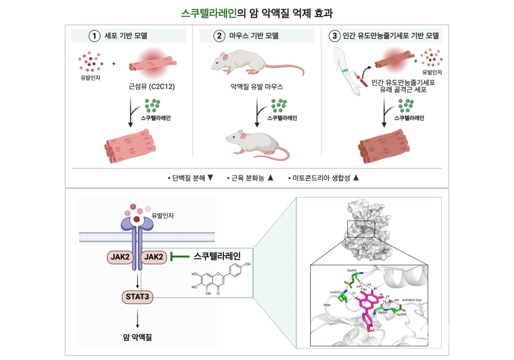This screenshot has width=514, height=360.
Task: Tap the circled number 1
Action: (x=95, y=36)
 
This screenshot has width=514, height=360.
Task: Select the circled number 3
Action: (x=335, y=36)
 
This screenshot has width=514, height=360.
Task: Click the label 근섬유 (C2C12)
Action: (x=152, y=86)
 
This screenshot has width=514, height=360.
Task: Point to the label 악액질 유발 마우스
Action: (x=256, y=86)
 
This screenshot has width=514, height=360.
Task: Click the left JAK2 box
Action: (x=120, y=257)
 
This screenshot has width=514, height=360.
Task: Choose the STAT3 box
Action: (x=138, y=296)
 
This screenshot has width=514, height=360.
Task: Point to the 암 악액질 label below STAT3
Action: (x=138, y=337)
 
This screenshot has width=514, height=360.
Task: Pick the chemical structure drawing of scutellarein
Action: (x=221, y=280)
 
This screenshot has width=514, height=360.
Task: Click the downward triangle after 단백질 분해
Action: (x=210, y=178)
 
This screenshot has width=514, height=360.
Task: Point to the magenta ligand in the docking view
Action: (x=367, y=306)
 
